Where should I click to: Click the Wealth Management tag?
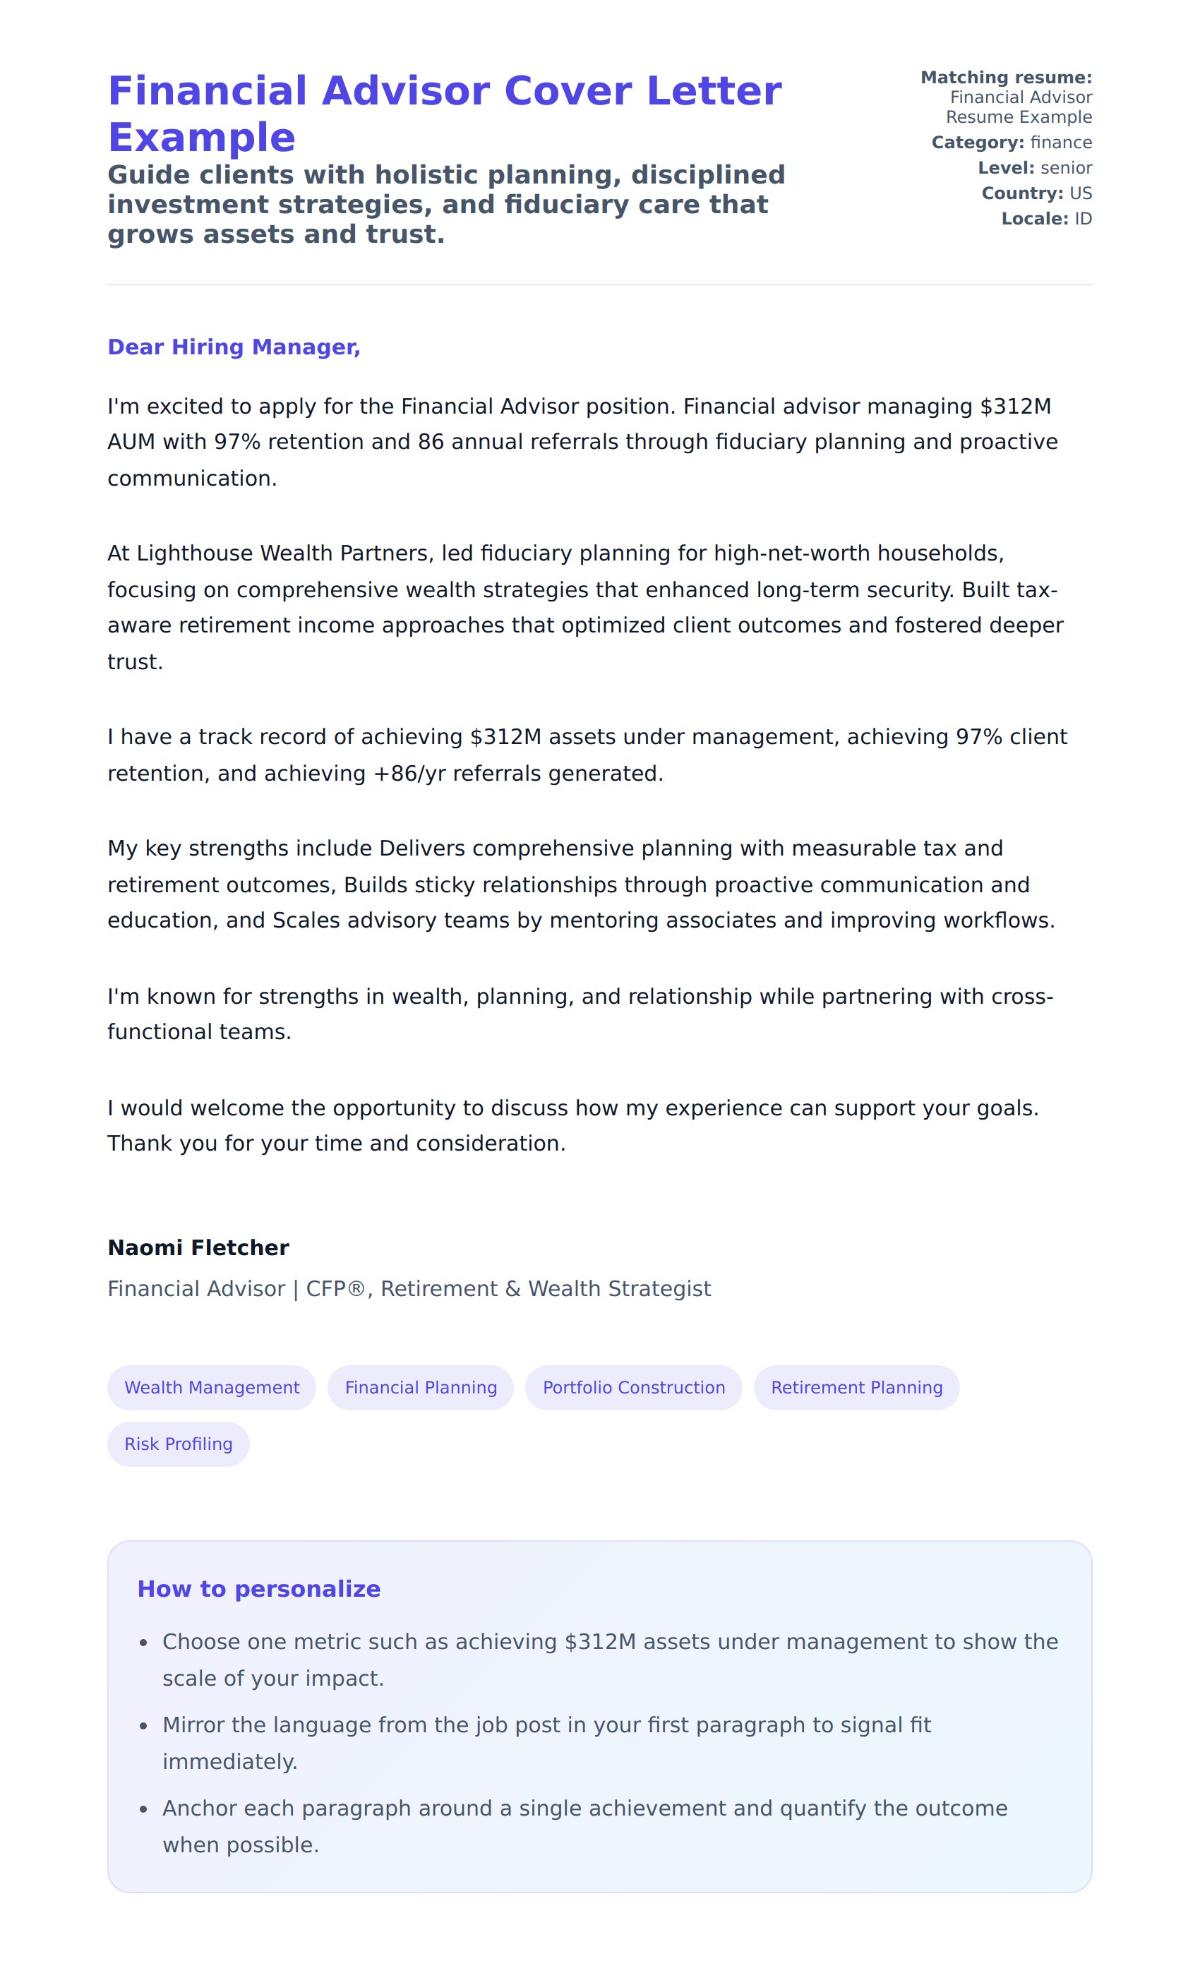point(212,1387)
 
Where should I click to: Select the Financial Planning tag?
point(420,1387)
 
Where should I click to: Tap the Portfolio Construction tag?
point(633,1387)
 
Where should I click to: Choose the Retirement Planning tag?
point(856,1387)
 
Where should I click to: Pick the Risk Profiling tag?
point(179,1444)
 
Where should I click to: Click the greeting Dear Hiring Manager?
point(234,347)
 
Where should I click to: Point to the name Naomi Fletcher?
point(198,1247)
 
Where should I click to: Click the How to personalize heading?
point(258,1588)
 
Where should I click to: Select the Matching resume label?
point(1006,77)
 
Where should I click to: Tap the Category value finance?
point(1061,143)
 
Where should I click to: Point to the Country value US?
point(1080,193)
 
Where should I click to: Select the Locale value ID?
point(1083,219)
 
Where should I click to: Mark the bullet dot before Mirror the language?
point(143,1726)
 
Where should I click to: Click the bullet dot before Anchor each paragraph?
point(143,1810)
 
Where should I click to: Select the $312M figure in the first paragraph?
point(1015,406)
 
